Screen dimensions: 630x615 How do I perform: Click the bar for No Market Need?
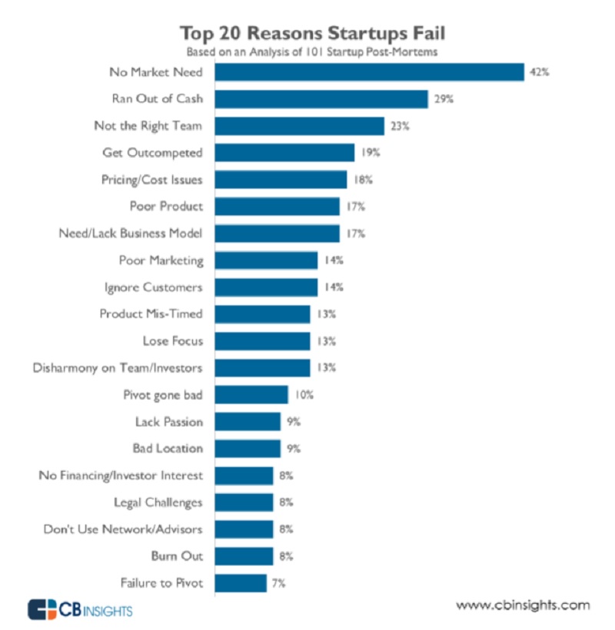(x=369, y=72)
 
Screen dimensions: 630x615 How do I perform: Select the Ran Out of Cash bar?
(x=321, y=99)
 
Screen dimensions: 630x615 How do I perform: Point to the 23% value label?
(x=399, y=126)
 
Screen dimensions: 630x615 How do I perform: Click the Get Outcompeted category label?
(x=152, y=152)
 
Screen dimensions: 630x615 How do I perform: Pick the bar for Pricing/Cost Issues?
(x=281, y=179)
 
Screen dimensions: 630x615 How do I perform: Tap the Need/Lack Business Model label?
(x=131, y=233)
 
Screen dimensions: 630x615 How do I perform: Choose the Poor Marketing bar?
(x=266, y=260)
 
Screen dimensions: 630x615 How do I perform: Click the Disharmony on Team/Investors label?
(x=118, y=367)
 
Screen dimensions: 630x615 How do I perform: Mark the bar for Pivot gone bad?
(x=251, y=395)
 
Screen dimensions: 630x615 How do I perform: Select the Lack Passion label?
(x=168, y=421)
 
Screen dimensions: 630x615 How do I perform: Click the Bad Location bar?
(x=248, y=448)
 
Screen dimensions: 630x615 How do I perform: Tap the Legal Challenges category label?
(x=157, y=502)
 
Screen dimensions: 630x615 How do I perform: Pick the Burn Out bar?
(x=244, y=555)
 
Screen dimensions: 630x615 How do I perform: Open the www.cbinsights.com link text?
(x=523, y=605)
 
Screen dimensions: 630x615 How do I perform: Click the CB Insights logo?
(x=80, y=610)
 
